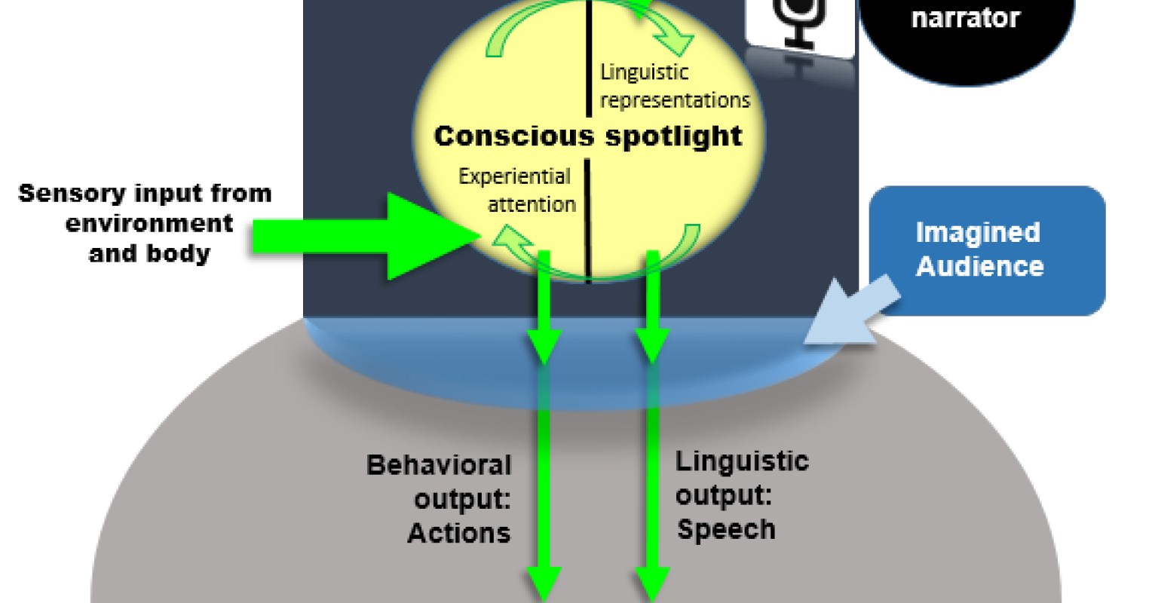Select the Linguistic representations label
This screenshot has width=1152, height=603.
click(x=674, y=86)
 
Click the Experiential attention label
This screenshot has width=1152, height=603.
click(x=516, y=190)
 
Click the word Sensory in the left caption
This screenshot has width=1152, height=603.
click(x=63, y=194)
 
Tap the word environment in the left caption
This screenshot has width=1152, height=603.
click(x=149, y=224)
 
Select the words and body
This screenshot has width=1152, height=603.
click(x=149, y=253)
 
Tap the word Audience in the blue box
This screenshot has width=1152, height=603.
click(x=979, y=266)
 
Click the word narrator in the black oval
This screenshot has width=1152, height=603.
click(x=965, y=18)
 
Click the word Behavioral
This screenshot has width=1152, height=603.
click(x=439, y=465)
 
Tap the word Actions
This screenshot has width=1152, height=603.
click(x=458, y=534)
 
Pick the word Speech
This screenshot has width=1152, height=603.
click(x=726, y=529)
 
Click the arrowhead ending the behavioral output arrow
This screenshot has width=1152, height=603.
click(x=543, y=583)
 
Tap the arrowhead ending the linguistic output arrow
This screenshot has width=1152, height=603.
click(x=652, y=583)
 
